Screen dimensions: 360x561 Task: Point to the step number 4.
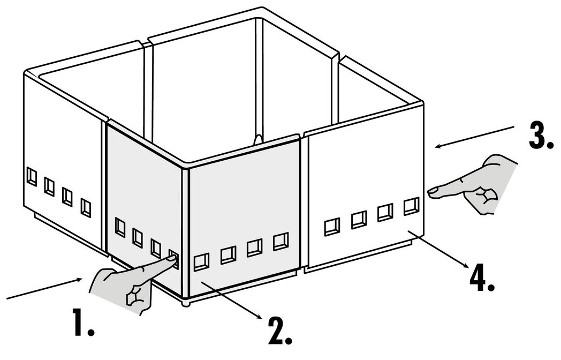pyautogui.click(x=481, y=278)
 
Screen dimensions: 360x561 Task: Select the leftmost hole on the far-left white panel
pyautogui.click(x=32, y=176)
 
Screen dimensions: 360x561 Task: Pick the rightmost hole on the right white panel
pyautogui.click(x=411, y=206)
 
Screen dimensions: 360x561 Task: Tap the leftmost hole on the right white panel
pyautogui.click(x=332, y=227)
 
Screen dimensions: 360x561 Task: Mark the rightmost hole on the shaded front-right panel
pyautogui.click(x=280, y=242)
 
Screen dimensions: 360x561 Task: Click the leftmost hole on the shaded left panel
pyautogui.click(x=120, y=228)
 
